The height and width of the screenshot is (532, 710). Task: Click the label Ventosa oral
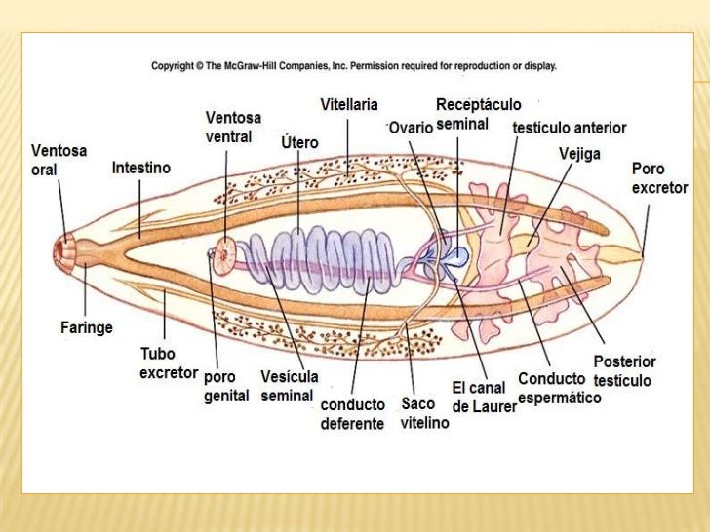(x=59, y=160)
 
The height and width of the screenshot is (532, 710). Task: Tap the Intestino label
(x=140, y=168)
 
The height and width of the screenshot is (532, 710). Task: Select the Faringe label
(x=87, y=327)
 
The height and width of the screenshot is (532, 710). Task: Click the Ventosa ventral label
(x=228, y=127)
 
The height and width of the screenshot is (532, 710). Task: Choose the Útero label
(x=298, y=143)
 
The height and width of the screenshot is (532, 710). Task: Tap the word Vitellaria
(x=349, y=104)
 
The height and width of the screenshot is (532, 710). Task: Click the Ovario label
(x=411, y=128)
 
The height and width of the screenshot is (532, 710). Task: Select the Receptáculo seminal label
(x=478, y=114)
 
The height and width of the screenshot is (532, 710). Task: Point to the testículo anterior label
(x=569, y=128)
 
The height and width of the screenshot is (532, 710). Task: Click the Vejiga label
(x=579, y=153)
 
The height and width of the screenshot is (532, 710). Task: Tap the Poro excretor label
(x=659, y=177)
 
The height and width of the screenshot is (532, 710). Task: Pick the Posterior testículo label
(x=624, y=370)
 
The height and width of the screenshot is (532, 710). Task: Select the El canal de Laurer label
(x=483, y=397)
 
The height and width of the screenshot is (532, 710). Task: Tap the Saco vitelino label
(x=424, y=413)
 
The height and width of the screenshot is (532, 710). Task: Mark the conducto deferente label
(x=352, y=414)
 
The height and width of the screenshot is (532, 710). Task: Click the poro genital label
(x=226, y=386)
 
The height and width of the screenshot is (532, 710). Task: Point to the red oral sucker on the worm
(x=67, y=250)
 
